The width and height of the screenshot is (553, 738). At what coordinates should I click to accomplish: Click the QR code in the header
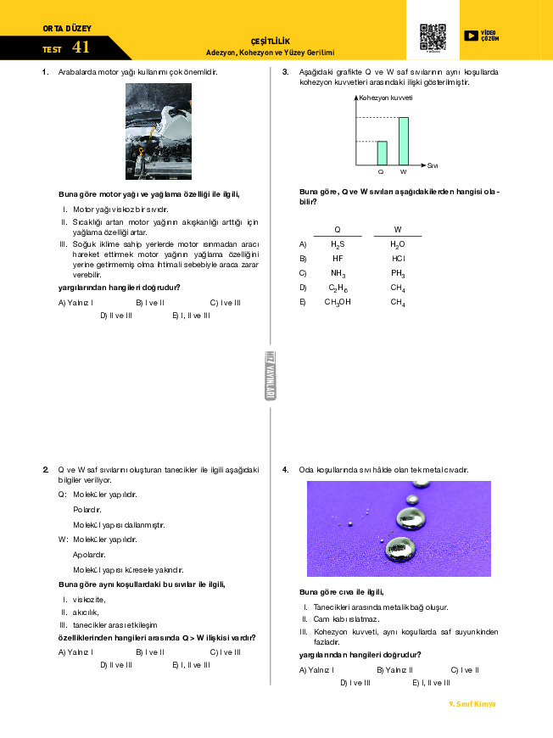433,37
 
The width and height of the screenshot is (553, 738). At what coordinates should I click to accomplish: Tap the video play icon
471,36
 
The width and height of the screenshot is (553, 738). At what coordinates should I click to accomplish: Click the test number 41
81,48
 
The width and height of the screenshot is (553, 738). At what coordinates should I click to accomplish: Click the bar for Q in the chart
382,153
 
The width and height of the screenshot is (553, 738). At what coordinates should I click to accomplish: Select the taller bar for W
403,141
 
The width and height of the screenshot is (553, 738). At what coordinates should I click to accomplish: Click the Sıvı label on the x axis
432,165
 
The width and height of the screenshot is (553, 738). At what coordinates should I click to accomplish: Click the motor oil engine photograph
159,131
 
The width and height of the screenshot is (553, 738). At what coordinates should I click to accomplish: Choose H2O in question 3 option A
397,243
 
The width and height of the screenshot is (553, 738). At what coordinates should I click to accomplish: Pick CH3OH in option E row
338,301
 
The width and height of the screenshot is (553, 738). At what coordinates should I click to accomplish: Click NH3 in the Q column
338,272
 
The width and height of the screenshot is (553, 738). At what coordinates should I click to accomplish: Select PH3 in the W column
397,272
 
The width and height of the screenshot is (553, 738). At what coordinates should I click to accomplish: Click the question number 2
46,469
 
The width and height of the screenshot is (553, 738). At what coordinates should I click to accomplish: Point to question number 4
286,469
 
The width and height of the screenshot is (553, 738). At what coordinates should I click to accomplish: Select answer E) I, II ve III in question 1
191,316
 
